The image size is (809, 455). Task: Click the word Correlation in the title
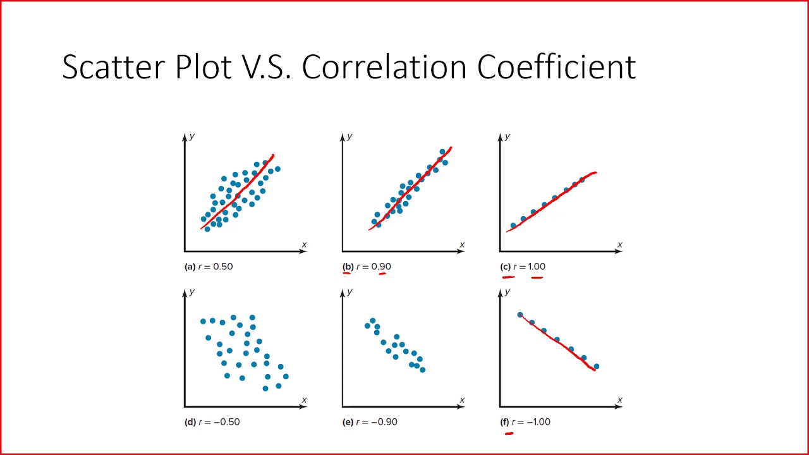click(x=383, y=67)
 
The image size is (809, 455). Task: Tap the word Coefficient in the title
click(x=556, y=67)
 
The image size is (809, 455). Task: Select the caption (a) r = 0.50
click(x=209, y=267)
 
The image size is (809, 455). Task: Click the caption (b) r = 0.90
click(x=367, y=267)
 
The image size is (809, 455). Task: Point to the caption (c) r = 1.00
click(x=524, y=267)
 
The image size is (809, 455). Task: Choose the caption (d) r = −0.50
click(x=212, y=422)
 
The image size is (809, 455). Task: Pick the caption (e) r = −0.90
click(x=370, y=422)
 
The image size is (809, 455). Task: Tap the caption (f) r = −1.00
click(x=526, y=422)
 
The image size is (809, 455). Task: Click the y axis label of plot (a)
click(x=192, y=136)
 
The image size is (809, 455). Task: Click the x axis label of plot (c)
click(x=619, y=245)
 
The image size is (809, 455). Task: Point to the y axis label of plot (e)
click(x=350, y=292)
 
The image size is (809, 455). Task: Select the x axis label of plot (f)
click(x=619, y=400)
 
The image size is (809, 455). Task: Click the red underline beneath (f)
click(x=509, y=434)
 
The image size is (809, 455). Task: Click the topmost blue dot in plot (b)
click(x=442, y=152)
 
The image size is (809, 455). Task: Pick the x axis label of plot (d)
click(x=304, y=400)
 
